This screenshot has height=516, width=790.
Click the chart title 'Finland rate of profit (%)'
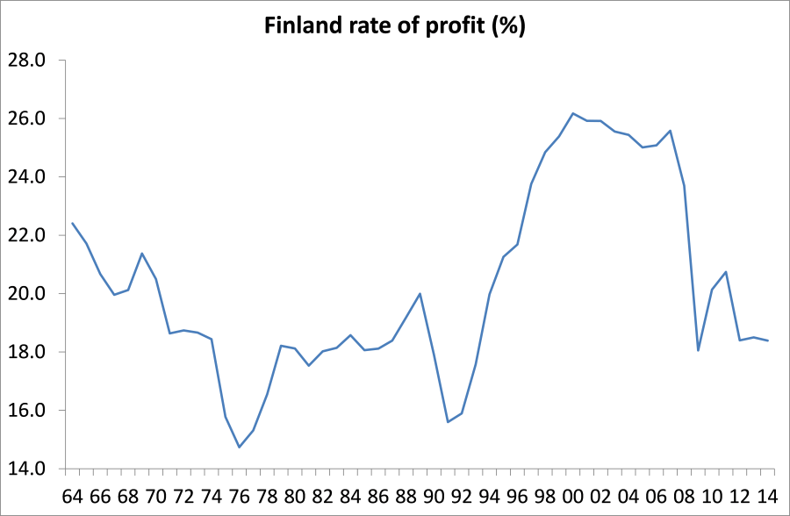click(x=395, y=26)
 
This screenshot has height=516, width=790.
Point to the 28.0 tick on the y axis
click(x=25, y=61)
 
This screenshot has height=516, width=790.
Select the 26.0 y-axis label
click(x=25, y=118)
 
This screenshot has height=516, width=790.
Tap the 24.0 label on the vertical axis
click(x=25, y=177)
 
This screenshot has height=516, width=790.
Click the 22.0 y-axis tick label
click(x=25, y=235)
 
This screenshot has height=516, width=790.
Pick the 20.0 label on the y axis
click(x=25, y=294)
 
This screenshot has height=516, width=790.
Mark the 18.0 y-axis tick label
click(x=25, y=352)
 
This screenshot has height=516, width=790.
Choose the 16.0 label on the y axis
click(x=25, y=411)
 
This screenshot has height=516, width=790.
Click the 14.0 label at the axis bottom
click(x=25, y=469)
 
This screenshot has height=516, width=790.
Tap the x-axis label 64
click(x=73, y=496)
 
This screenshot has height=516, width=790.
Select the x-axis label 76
click(x=240, y=496)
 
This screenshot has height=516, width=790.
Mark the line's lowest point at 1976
click(x=240, y=448)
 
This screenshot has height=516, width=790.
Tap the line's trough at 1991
click(x=449, y=422)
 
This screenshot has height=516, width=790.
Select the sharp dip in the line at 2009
click(x=698, y=351)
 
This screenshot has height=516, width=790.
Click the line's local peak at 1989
click(x=420, y=293)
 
